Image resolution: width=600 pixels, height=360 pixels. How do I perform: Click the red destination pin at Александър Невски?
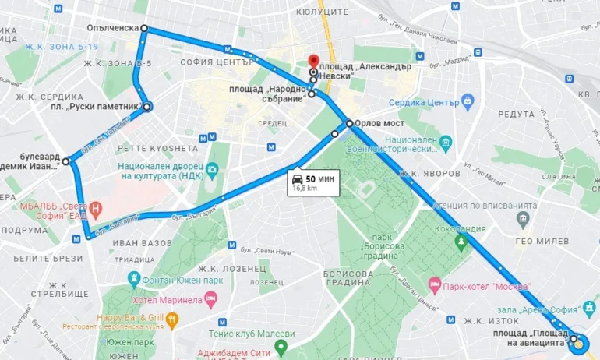313,61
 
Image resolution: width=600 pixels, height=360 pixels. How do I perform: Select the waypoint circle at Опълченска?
144,28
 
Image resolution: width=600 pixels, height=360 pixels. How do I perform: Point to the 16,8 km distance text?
305,188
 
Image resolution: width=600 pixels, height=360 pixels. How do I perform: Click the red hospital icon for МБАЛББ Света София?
96,208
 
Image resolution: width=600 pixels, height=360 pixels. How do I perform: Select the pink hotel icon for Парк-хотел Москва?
434,286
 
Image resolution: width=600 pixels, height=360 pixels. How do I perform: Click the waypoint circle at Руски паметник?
147,107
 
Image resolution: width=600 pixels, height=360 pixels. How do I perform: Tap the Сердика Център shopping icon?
468,102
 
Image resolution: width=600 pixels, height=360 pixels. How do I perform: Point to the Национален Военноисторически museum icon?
445,143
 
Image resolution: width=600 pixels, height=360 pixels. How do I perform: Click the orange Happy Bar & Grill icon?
172,318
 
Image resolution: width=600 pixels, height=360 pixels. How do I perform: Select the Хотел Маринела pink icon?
210,299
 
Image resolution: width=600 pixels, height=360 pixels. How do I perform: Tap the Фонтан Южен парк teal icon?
135,279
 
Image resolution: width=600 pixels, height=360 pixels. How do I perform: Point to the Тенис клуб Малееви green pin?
281,347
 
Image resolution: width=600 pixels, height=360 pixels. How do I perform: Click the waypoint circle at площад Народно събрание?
312,94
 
